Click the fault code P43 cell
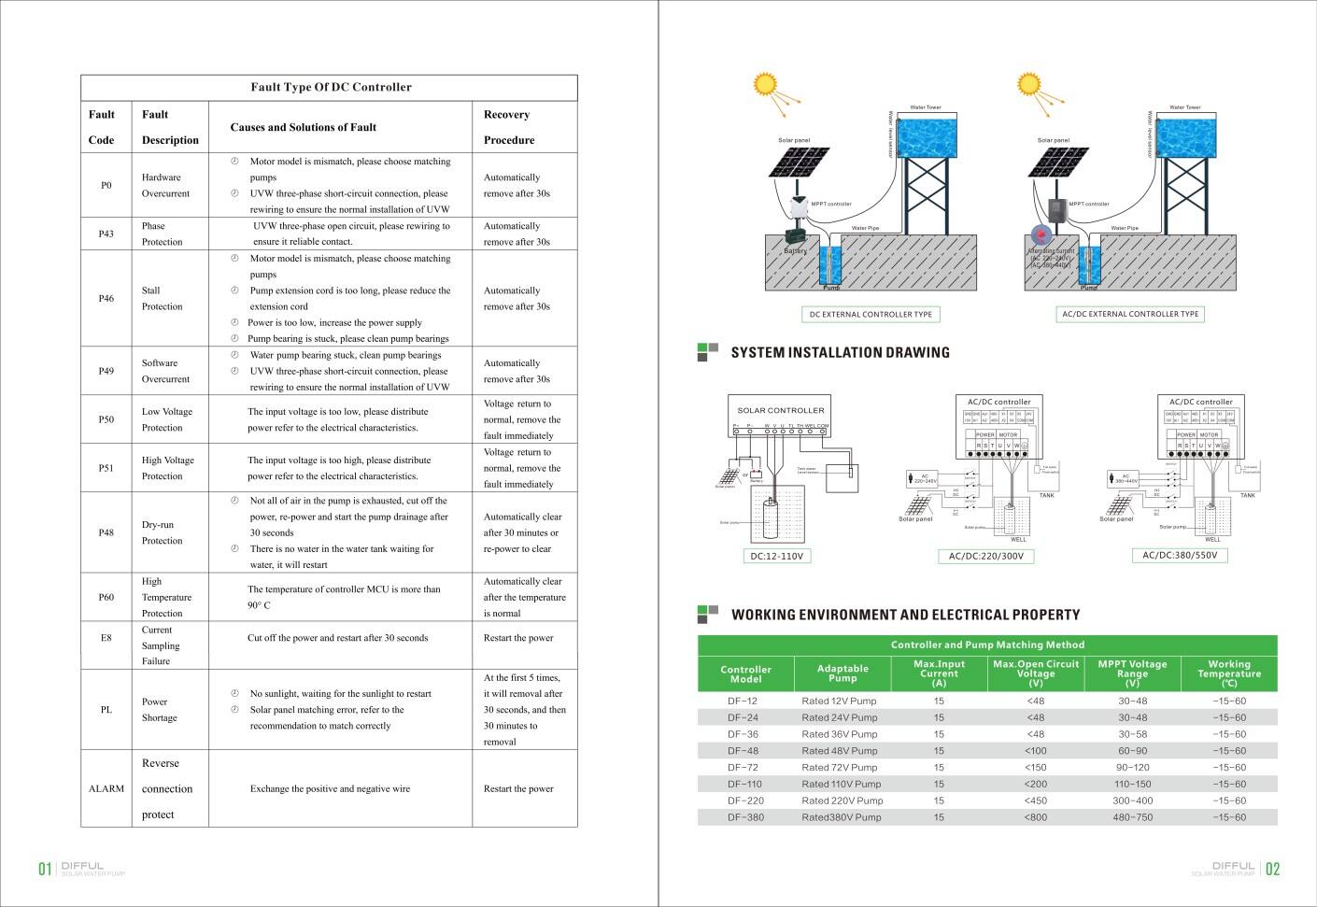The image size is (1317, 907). pos(106,234)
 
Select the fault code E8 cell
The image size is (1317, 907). pos(106,638)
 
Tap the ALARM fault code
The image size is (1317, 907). pos(106,788)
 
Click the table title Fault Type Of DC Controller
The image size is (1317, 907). pos(331,87)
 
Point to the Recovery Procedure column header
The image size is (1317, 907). pos(508,127)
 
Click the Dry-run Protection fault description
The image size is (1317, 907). pos(162,532)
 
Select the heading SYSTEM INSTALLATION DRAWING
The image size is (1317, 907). pos(840,353)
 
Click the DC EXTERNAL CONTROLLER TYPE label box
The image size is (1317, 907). pos(871,315)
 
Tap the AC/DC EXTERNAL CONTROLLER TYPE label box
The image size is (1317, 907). pos(1130,314)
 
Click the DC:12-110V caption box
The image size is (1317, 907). pos(776,556)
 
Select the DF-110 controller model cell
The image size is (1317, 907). pos(744,784)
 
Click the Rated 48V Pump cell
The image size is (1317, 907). pos(839,751)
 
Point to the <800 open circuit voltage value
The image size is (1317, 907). pos(1035,817)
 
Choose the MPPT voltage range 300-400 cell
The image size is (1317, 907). pos(1132,801)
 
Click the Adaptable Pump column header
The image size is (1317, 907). pos(842,673)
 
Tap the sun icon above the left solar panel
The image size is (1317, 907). pos(765,85)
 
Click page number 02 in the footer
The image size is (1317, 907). pos(1272,870)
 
